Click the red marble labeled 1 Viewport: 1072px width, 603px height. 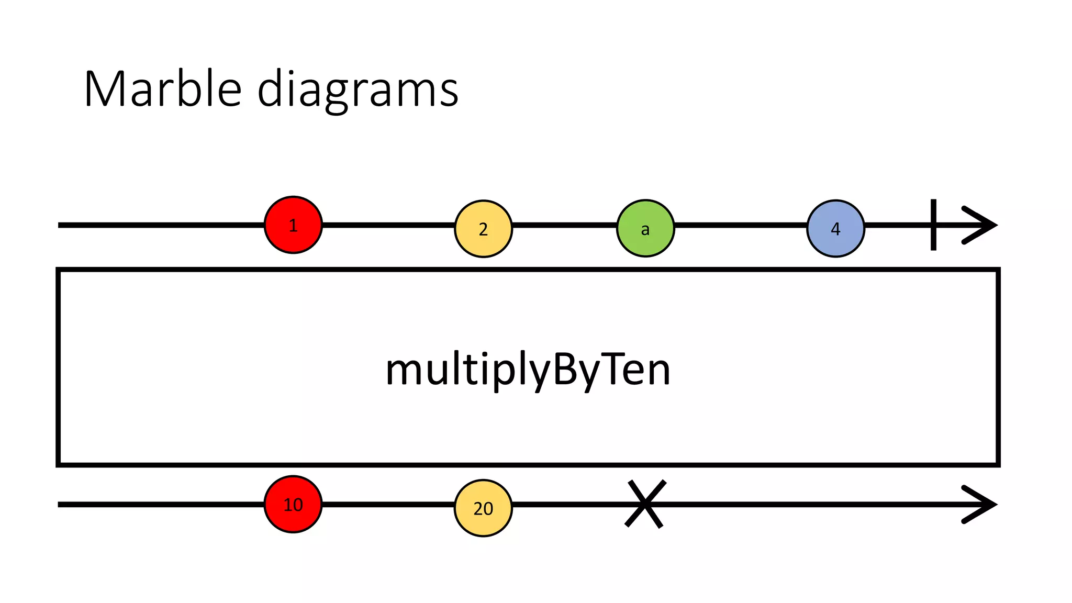pyautogui.click(x=293, y=225)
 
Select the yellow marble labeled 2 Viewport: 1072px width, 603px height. pyautogui.click(x=483, y=229)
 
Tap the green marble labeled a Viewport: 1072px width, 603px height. pyautogui.click(x=645, y=228)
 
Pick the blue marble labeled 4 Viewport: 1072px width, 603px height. pyautogui.click(x=835, y=228)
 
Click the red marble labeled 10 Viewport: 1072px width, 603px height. pyautogui.click(x=293, y=504)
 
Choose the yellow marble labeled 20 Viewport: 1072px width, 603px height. pyautogui.click(x=483, y=508)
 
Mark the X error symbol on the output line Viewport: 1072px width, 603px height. pyautogui.click(x=645, y=504)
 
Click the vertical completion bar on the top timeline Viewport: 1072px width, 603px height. pyautogui.click(x=933, y=225)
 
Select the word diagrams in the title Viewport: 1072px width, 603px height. pyautogui.click(x=358, y=90)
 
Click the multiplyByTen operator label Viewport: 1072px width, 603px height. pyautogui.click(x=528, y=370)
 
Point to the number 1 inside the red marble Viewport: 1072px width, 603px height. pyautogui.click(x=293, y=226)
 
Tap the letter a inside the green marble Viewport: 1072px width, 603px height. pyautogui.click(x=645, y=229)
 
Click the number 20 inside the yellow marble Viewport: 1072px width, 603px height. pyautogui.click(x=483, y=508)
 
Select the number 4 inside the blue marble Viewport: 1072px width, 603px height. pyautogui.click(x=835, y=229)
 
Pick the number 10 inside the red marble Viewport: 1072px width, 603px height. pyautogui.click(x=293, y=505)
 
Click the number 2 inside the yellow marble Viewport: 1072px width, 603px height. pyautogui.click(x=483, y=229)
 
